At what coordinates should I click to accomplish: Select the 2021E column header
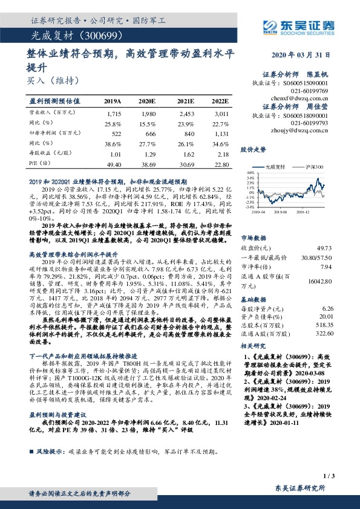click(185, 101)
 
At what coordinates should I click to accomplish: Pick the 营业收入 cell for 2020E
click(148, 114)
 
